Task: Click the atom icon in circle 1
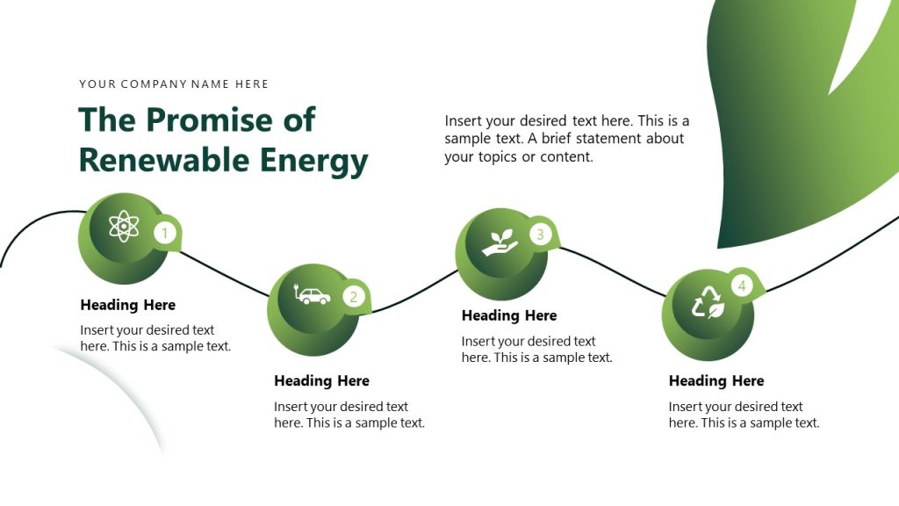point(124,227)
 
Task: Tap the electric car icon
point(312,295)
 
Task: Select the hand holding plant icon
point(500,243)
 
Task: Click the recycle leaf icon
point(708,303)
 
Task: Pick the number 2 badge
point(353,296)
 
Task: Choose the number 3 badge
point(540,234)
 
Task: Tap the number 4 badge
point(742,286)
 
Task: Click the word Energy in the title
point(313,162)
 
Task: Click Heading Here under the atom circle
point(128,305)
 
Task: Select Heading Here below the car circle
point(321,380)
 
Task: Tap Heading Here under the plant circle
point(509,315)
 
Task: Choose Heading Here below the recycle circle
point(716,380)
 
